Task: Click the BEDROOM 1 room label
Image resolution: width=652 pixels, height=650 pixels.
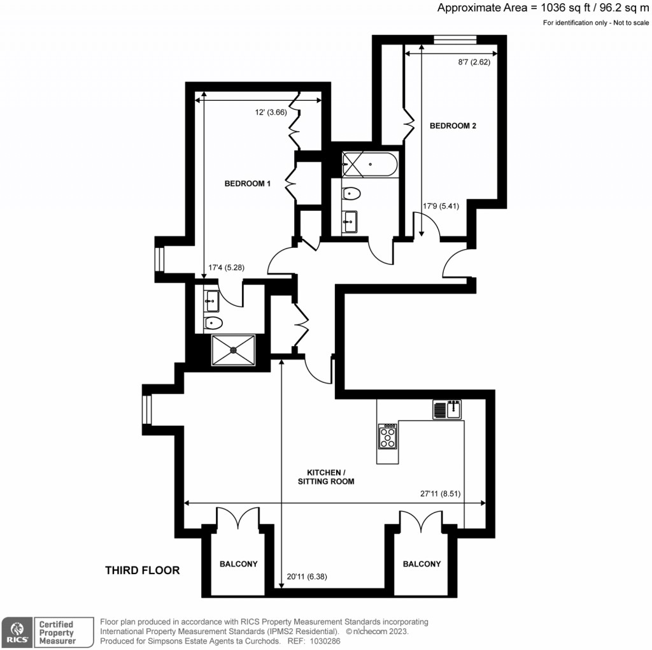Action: (248, 184)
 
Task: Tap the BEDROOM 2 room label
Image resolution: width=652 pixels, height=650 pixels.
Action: (453, 126)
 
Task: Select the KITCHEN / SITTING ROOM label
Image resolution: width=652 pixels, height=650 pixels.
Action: (326, 477)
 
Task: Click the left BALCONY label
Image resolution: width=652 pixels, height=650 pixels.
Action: (239, 564)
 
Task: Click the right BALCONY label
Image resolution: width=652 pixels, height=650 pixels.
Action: (422, 564)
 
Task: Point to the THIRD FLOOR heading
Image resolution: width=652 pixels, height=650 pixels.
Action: (142, 570)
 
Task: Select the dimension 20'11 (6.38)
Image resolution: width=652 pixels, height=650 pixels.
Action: (308, 577)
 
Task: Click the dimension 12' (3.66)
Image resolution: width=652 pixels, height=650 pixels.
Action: (271, 112)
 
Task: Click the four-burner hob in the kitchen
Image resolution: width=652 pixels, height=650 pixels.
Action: (387, 437)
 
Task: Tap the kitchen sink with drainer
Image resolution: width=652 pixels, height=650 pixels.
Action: (447, 409)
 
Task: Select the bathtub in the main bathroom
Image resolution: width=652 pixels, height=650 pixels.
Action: (369, 164)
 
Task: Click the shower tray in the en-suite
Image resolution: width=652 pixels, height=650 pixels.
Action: (233, 349)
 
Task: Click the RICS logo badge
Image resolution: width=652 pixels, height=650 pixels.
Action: (16, 632)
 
